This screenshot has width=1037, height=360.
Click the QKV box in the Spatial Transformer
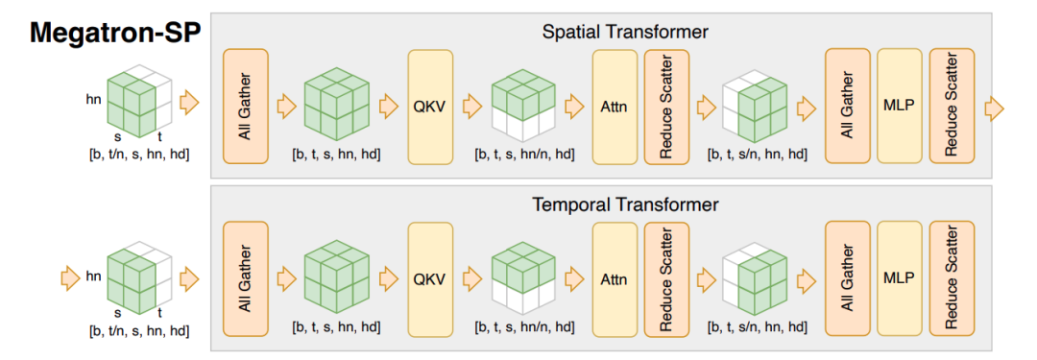[x=430, y=107]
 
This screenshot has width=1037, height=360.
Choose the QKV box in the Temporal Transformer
[x=430, y=279]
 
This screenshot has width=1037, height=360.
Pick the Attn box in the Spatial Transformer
[x=615, y=107]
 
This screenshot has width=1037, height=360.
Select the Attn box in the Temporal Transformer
[x=615, y=279]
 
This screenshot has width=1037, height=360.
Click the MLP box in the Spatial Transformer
[x=899, y=107]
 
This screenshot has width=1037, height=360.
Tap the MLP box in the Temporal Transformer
[x=899, y=279]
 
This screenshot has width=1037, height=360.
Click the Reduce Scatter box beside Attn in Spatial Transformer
[x=666, y=107]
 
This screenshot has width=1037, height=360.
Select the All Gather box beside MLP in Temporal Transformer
[x=847, y=279]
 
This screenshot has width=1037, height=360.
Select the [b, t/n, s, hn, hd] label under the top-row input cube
[x=140, y=155]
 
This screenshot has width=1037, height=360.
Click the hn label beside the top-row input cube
[x=93, y=101]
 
